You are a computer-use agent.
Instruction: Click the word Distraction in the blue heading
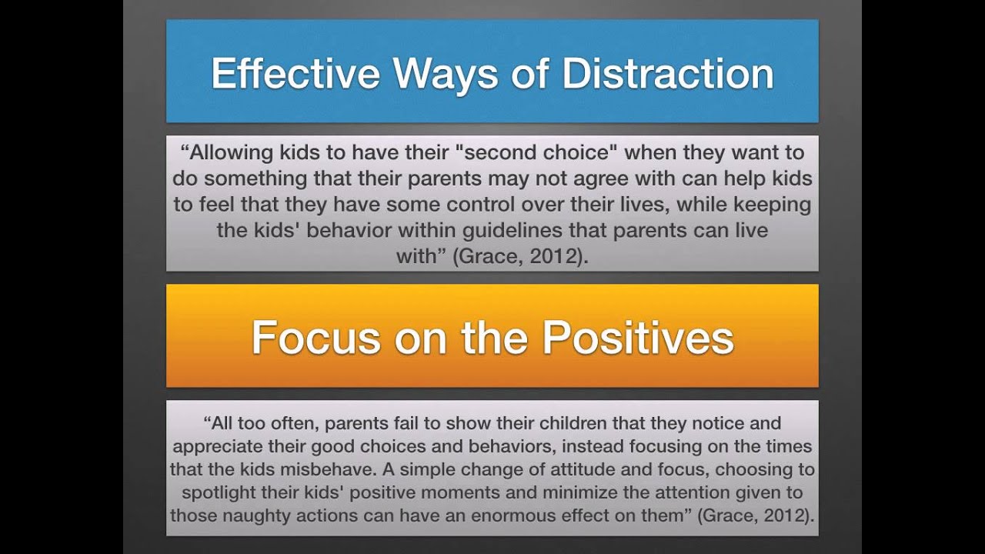click(x=668, y=74)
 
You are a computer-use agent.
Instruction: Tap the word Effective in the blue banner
click(x=295, y=74)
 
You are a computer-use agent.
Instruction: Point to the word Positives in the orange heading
click(x=638, y=338)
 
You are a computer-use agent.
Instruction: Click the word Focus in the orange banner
click(x=316, y=338)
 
